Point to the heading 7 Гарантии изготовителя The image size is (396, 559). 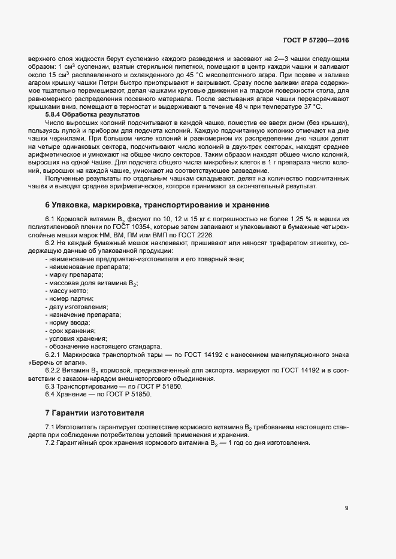pyautogui.click(x=94, y=413)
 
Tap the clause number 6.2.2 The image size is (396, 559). pyautogui.click(x=55, y=371)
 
